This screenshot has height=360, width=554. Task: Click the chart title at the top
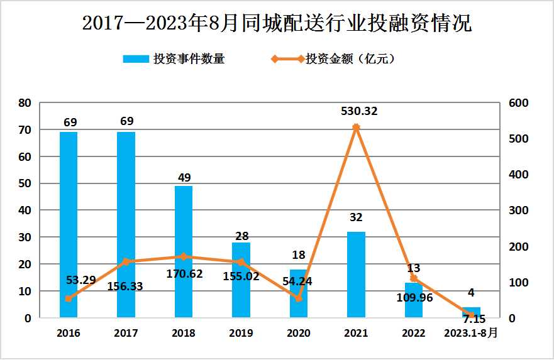[x=277, y=23]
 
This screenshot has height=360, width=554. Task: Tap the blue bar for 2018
[x=184, y=251]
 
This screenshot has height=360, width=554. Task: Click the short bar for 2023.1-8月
[x=471, y=313]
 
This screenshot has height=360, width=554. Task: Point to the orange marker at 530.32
[x=356, y=128]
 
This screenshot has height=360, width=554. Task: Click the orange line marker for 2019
[x=241, y=262]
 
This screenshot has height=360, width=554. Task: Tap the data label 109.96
[x=414, y=298]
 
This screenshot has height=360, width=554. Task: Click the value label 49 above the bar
[x=184, y=177]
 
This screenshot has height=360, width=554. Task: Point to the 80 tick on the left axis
[x=25, y=103]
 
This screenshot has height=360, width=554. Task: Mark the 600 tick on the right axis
[x=519, y=103]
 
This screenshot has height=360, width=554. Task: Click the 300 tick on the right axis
[x=519, y=210]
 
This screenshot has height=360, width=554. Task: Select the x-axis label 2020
[x=299, y=333]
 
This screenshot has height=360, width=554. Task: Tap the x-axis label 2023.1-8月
[x=471, y=333]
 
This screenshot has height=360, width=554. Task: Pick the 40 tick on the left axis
[x=25, y=210]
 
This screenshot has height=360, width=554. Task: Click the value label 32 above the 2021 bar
[x=356, y=217]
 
